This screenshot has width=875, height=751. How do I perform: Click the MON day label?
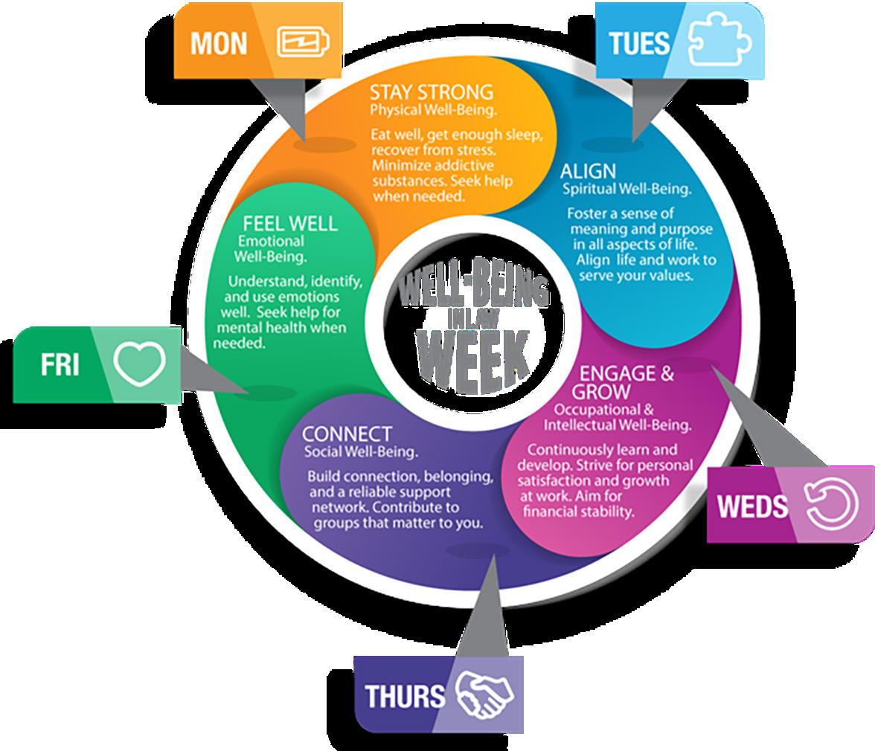pyautogui.click(x=219, y=43)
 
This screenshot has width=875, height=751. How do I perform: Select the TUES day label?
pyautogui.click(x=639, y=43)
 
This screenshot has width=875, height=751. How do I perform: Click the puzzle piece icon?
pyautogui.click(x=719, y=42)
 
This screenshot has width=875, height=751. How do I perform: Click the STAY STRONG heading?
pyautogui.click(x=432, y=92)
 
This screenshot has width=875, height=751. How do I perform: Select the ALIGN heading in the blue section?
pyautogui.click(x=588, y=171)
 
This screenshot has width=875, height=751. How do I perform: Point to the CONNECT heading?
pyautogui.click(x=347, y=433)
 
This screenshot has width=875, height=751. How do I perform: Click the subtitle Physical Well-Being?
pyautogui.click(x=434, y=110)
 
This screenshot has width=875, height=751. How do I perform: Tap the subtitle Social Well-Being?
pyautogui.click(x=360, y=451)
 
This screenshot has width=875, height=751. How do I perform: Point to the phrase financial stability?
pyautogui.click(x=579, y=512)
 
